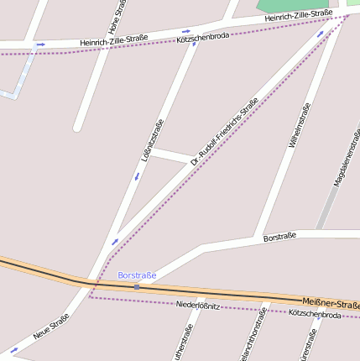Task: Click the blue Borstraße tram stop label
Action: click(137, 275)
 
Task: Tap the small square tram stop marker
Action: click(137, 287)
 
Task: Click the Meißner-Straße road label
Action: click(331, 304)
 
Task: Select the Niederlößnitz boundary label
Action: click(198, 306)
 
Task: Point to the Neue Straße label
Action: click(51, 327)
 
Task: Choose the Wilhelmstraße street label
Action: click(299, 126)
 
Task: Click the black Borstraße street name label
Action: click(280, 238)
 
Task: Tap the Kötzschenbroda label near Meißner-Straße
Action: click(315, 314)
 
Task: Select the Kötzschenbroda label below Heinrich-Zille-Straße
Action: click(203, 38)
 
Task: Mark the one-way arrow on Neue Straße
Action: click(13, 348)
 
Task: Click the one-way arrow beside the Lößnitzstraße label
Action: click(137, 176)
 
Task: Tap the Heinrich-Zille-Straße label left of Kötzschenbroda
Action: click(114, 39)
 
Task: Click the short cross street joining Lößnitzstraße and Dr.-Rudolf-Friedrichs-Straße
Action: click(171, 155)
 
